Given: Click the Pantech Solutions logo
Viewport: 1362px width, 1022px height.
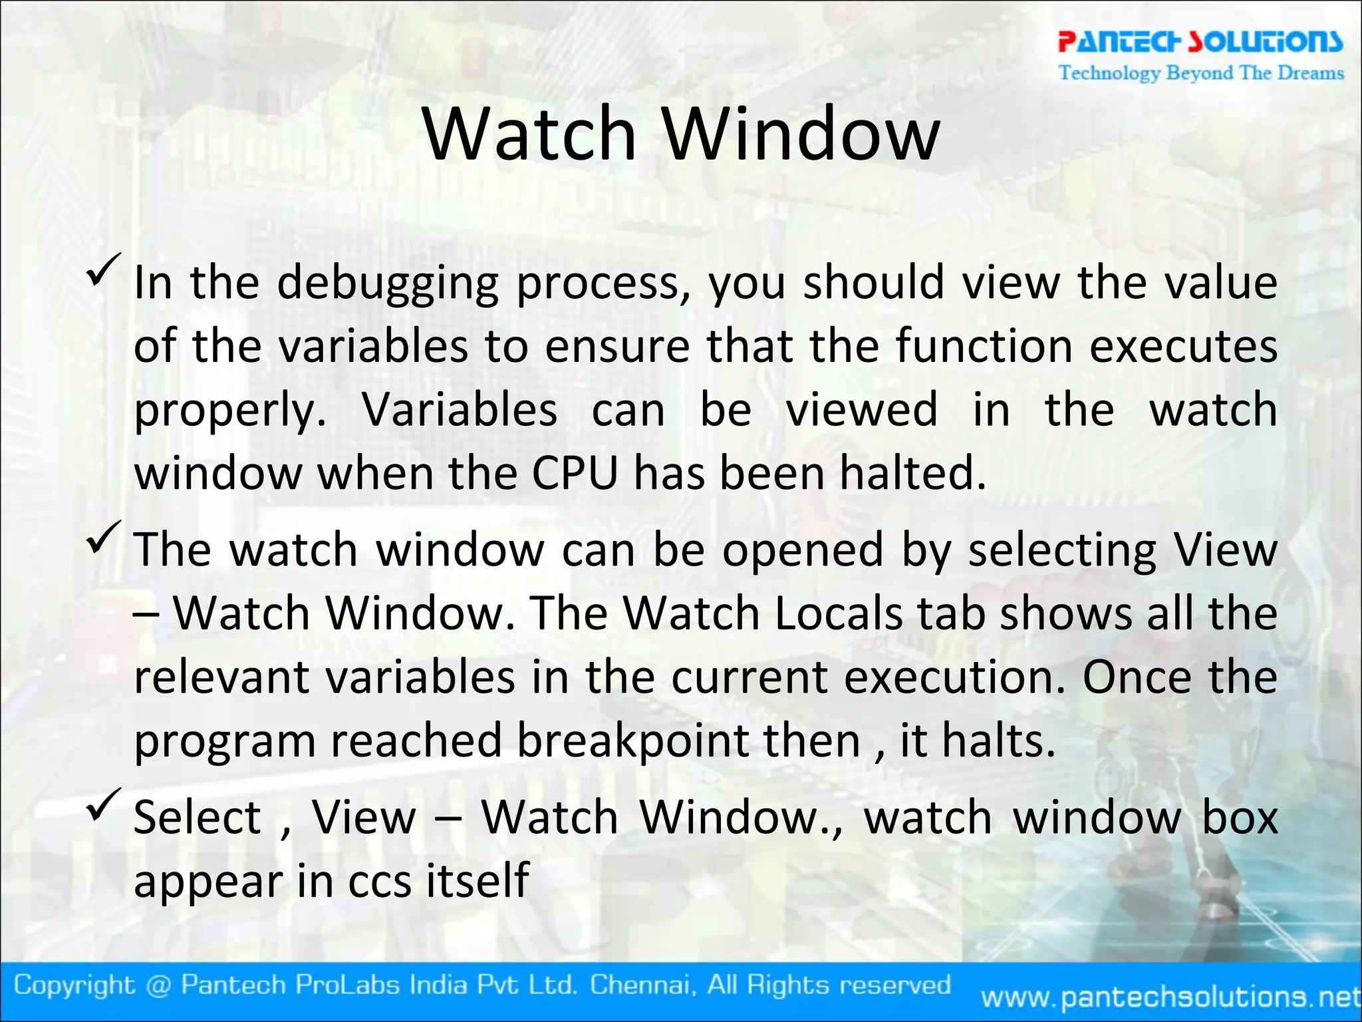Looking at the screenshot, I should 1200,41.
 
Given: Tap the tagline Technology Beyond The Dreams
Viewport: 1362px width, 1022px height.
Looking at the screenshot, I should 1201,73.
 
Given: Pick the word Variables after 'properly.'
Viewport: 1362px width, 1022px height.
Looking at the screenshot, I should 460,410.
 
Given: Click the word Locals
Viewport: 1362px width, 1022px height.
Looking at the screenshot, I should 839,613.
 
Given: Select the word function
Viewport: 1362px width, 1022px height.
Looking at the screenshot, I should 984,347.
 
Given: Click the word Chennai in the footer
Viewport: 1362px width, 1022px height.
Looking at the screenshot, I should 642,985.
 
